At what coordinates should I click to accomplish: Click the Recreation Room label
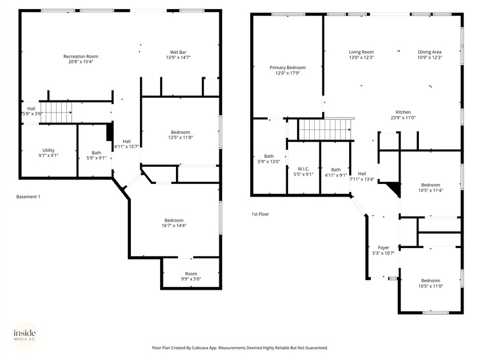tap(81, 57)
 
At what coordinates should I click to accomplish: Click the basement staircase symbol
tap(57, 111)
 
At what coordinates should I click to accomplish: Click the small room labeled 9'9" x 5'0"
tap(190, 276)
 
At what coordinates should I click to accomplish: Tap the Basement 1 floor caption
tap(28, 197)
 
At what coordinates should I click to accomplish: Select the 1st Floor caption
tap(260, 214)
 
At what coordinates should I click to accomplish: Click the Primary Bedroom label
tap(287, 67)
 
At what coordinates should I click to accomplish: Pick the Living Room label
tap(361, 52)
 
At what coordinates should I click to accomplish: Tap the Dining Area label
tap(429, 52)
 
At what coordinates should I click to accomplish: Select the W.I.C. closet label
tap(303, 169)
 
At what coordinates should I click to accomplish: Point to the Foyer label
tap(383, 247)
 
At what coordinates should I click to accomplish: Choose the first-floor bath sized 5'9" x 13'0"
tap(269, 159)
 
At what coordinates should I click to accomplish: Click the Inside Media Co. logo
tap(25, 335)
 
